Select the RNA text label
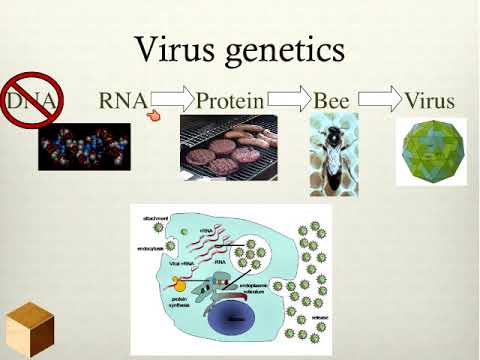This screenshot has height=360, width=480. point(123,101)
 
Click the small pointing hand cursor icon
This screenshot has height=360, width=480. point(154,116)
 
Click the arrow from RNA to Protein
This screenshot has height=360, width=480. point(171,99)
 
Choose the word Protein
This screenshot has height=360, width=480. point(230,101)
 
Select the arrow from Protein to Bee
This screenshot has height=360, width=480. point(291,99)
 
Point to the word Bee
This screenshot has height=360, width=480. point(331,101)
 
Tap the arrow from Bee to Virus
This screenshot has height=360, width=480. point(377,99)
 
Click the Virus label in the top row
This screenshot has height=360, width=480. point(429,101)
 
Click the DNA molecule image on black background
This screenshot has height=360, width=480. point(84,145)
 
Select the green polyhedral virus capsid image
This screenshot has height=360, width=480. point(431,151)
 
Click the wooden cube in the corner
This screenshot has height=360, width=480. point(28,328)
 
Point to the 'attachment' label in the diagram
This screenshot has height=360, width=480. point(155,216)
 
